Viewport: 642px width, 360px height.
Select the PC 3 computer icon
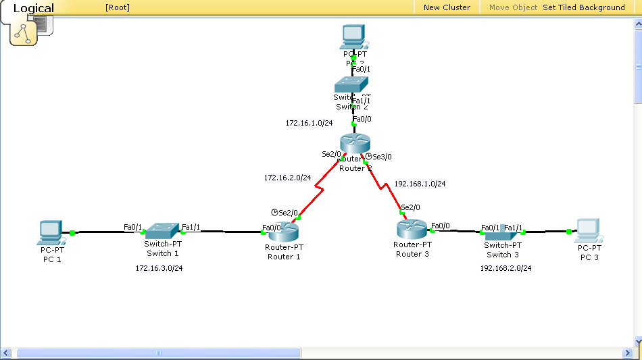(x=588, y=230)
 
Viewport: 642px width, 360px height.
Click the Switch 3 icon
(x=500, y=231)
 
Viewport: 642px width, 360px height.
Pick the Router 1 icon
(x=282, y=232)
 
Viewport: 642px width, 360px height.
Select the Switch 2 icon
(x=351, y=84)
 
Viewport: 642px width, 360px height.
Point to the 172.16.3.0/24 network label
(x=159, y=268)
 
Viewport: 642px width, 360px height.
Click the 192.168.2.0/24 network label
(x=505, y=268)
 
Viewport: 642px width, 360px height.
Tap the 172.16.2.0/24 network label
(x=287, y=178)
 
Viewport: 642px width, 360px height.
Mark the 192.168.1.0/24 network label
(x=420, y=184)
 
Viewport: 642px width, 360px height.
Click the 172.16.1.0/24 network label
(x=309, y=124)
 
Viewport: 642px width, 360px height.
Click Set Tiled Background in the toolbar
(x=583, y=7)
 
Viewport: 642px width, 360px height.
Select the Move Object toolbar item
(x=513, y=7)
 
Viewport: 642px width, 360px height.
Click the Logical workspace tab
(x=33, y=9)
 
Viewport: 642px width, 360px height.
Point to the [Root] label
(x=118, y=7)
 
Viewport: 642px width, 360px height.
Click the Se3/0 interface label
(x=382, y=157)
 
